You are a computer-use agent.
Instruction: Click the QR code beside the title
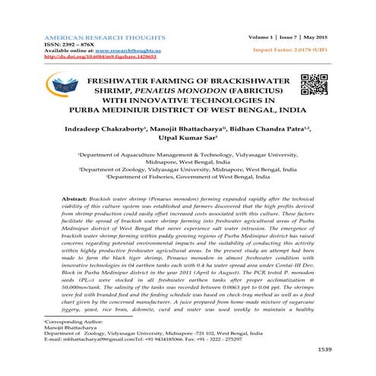(x=314, y=88)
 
